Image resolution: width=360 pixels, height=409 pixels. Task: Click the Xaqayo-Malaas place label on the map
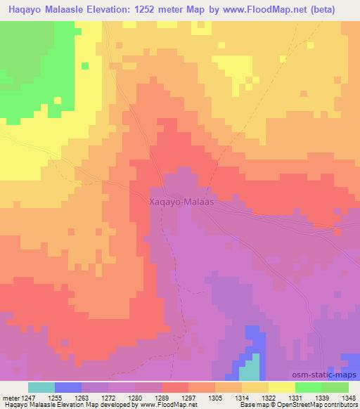pyautogui.click(x=182, y=200)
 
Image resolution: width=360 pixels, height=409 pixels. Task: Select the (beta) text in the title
pyautogui.click(x=336, y=9)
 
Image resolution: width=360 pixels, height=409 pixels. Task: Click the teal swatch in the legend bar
pyautogui.click(x=41, y=387)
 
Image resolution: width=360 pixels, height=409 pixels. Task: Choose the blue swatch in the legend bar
pyautogui.click(x=68, y=387)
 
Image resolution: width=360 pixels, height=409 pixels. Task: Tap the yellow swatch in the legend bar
pyautogui.click(x=282, y=387)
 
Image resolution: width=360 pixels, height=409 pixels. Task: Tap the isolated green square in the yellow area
pyautogui.click(x=84, y=67)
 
